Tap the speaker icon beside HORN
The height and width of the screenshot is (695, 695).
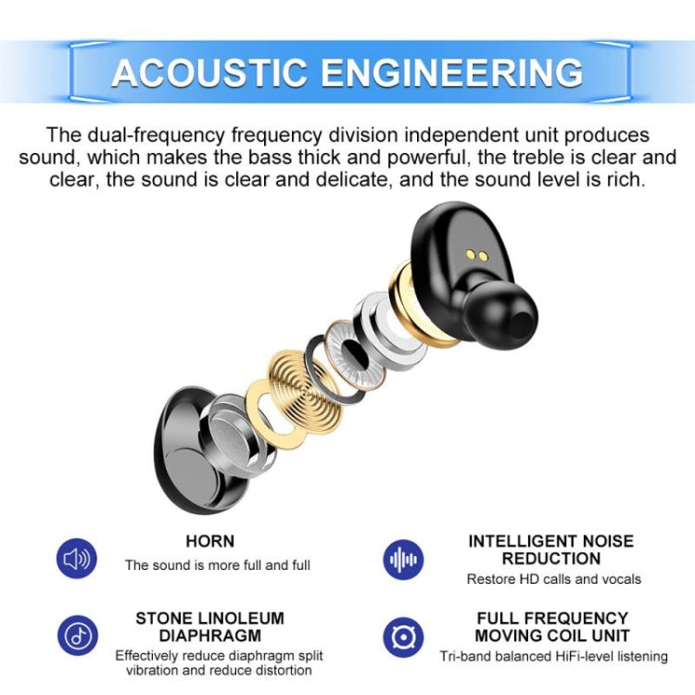click(x=76, y=559)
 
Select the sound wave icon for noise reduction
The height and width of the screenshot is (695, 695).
click(x=404, y=559)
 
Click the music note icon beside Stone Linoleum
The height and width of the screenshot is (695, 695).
click(x=76, y=636)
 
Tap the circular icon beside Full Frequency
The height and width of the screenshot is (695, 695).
click(x=404, y=636)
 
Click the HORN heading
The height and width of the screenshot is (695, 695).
click(x=209, y=541)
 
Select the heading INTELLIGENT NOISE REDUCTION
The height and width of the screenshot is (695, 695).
click(x=550, y=550)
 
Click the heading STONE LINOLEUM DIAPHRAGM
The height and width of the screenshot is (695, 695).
click(x=209, y=627)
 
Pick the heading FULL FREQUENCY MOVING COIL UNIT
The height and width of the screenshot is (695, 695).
click(x=550, y=627)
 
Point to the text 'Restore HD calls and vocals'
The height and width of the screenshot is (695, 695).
click(x=553, y=579)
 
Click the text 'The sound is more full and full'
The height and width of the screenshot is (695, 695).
click(x=218, y=564)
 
